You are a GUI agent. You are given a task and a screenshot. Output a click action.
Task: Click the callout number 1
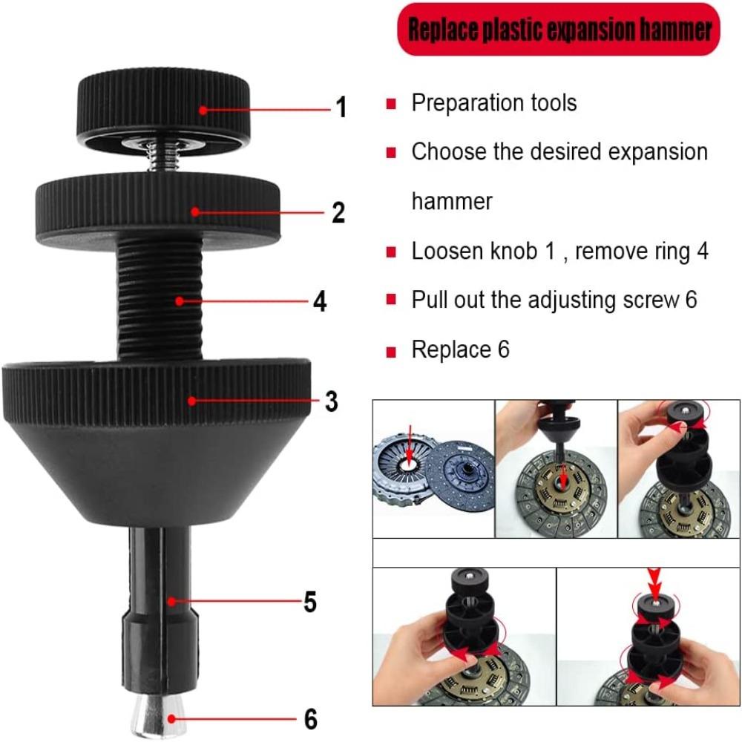click(341, 108)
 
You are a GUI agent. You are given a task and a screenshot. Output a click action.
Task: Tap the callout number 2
click(338, 213)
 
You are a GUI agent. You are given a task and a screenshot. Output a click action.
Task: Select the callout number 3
click(331, 401)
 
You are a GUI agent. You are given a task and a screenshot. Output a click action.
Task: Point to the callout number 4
click(320, 302)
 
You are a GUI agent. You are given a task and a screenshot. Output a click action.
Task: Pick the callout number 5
click(310, 603)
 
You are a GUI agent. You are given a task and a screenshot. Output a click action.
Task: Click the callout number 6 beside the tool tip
click(310, 718)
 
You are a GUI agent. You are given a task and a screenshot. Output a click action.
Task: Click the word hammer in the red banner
click(672, 30)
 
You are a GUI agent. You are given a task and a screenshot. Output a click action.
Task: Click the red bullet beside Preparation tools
click(390, 103)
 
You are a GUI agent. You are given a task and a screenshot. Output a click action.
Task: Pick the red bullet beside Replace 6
click(390, 351)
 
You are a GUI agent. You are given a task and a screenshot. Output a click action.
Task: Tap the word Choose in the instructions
click(449, 152)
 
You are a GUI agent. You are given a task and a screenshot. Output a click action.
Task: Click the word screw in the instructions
click(643, 301)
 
